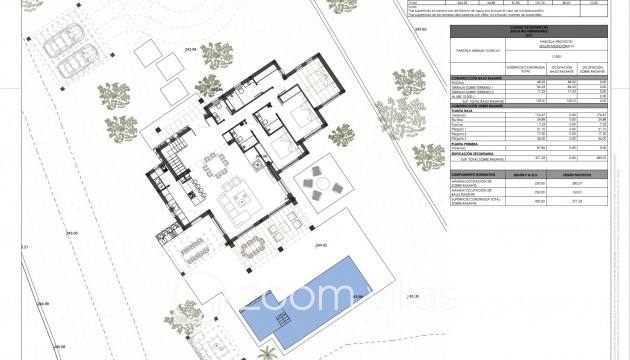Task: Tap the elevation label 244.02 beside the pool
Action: (x=322, y=245)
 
